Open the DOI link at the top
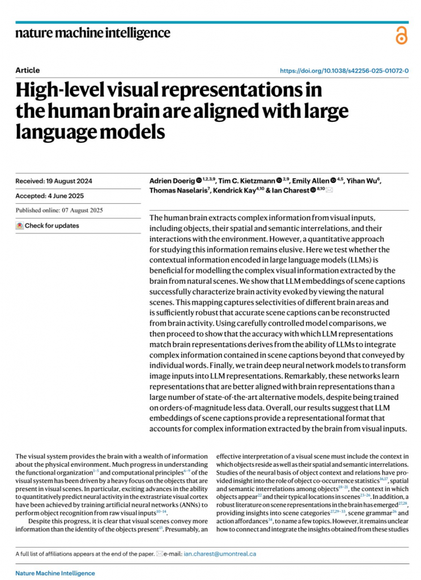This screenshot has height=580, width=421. pyautogui.click(x=345, y=71)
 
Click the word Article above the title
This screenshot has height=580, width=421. pyautogui.click(x=28, y=70)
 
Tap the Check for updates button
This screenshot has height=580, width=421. pyautogui.click(x=48, y=225)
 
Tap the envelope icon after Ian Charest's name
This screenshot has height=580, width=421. pyautogui.click(x=329, y=191)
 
